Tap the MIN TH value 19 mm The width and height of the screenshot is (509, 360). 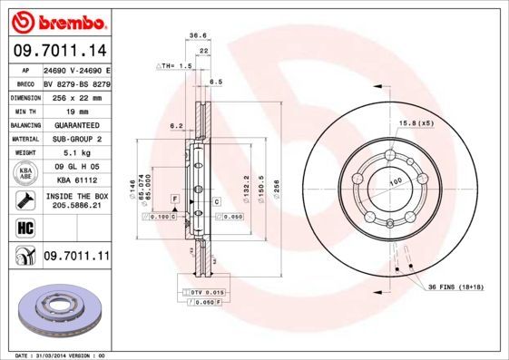60,110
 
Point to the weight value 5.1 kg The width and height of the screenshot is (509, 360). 61,153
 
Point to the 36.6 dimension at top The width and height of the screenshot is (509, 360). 194,36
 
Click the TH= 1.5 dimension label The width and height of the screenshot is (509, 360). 173,66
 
